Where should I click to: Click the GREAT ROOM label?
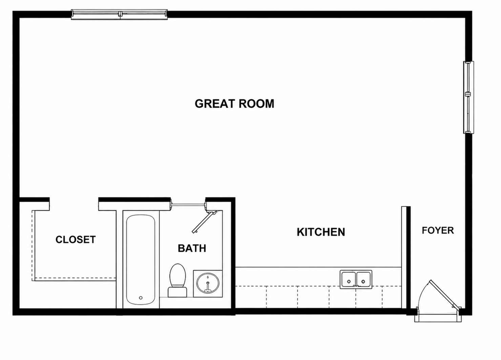click(x=234, y=104)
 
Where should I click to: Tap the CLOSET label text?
click(x=76, y=240)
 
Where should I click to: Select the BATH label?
click(x=192, y=249)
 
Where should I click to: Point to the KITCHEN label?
click(x=321, y=232)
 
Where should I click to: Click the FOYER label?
click(x=438, y=230)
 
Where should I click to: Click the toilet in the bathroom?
click(x=178, y=280)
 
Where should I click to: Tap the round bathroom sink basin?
click(x=208, y=283)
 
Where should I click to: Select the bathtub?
click(x=141, y=260)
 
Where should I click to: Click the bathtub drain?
click(x=141, y=298)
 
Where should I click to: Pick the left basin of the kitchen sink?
click(x=349, y=280)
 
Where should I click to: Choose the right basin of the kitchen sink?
click(x=364, y=280)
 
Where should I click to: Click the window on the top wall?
click(x=119, y=15)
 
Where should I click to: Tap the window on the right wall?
click(x=468, y=98)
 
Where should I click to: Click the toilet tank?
click(x=178, y=293)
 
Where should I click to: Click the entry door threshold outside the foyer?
click(x=438, y=318)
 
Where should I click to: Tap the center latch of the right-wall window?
click(x=468, y=94)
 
